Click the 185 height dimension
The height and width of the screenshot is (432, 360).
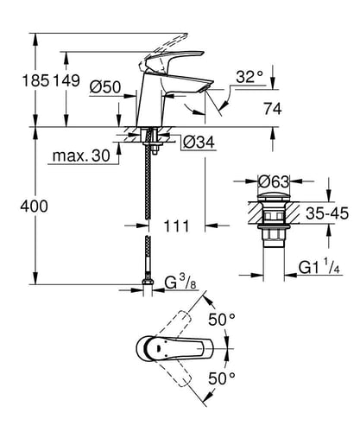36,80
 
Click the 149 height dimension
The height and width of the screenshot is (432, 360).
66,80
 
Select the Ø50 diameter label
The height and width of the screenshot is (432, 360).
105,86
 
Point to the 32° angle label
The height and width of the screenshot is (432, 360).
249,77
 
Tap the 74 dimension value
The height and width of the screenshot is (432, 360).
272,109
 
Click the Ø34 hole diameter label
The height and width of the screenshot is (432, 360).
199,143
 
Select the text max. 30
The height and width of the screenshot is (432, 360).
81,156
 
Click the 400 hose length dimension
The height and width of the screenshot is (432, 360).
35,206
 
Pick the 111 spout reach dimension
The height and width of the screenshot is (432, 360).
177,226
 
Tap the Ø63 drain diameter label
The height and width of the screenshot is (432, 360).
274,181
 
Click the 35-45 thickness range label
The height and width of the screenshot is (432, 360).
327,213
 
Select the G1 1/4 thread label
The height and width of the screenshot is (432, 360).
319,268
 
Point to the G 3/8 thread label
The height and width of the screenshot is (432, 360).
180,283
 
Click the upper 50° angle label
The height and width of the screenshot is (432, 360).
222,319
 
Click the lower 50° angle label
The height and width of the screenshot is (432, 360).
222,378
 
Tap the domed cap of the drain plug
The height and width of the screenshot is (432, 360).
274,198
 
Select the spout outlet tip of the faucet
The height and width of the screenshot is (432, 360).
205,87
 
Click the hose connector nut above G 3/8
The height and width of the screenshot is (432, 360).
148,282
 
